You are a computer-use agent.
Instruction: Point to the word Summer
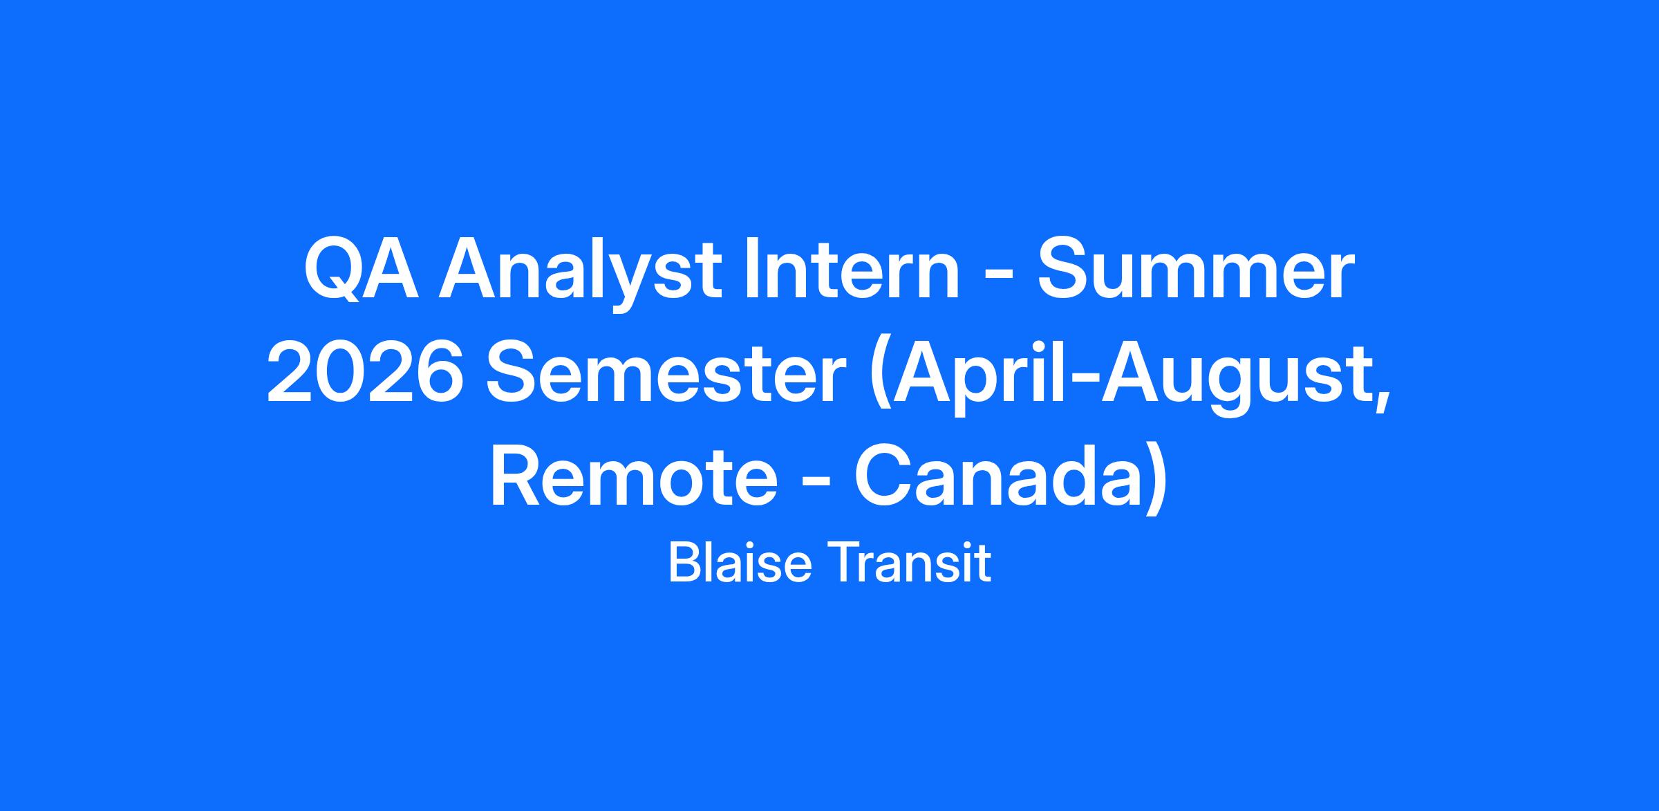tap(1193, 270)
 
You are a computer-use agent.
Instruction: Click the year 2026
tap(365, 374)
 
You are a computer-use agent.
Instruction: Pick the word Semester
tap(666, 374)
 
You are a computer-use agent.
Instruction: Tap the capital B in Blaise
tap(683, 563)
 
